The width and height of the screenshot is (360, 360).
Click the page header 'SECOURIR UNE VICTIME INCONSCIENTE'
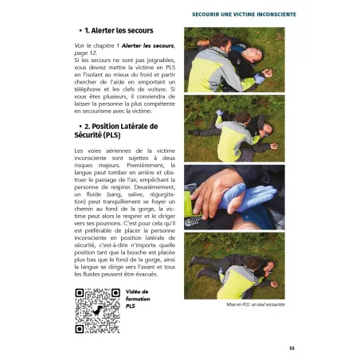click(277, 14)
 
